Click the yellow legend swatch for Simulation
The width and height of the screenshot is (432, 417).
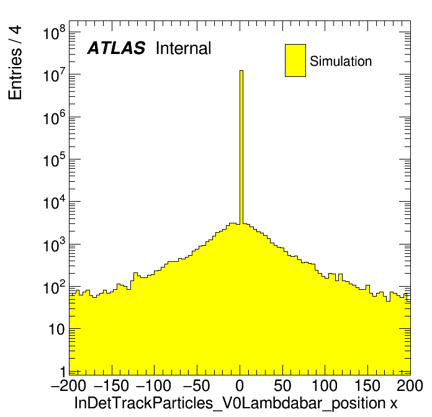[x=295, y=60]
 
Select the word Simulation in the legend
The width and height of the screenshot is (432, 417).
[x=341, y=61]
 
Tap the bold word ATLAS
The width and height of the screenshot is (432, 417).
[x=116, y=48]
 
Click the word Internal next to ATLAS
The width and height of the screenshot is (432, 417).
[x=183, y=48]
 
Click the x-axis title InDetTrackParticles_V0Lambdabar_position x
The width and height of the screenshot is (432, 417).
[x=236, y=403]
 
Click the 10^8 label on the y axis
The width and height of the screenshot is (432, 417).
[x=54, y=33]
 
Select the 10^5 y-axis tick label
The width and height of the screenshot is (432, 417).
[x=54, y=160]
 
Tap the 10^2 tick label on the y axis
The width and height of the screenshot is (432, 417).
[x=54, y=287]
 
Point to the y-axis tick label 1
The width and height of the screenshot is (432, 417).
[x=61, y=372]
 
